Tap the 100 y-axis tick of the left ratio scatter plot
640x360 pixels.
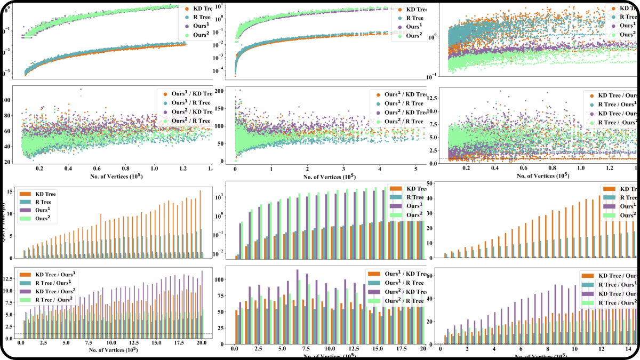point(7,100)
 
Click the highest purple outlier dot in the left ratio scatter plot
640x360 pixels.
point(81,89)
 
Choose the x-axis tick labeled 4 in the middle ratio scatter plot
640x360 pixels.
point(379,168)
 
